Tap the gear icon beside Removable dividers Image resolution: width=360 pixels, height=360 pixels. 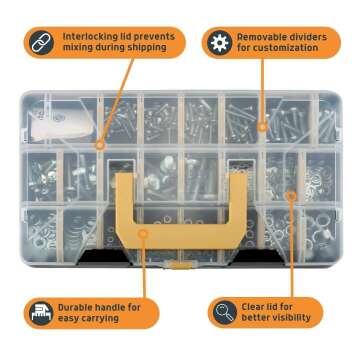tap(218, 42)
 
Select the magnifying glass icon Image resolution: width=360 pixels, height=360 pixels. tap(222, 312)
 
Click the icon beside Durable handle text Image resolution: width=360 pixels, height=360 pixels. tap(40, 312)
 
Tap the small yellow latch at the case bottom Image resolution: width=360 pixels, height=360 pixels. tap(179, 265)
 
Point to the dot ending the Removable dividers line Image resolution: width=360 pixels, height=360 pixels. tap(263, 126)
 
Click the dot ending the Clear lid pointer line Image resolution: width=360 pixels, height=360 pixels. tap(291, 196)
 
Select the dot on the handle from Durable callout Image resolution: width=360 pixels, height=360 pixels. tap(143, 232)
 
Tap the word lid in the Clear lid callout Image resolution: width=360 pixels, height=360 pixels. tap(281, 306)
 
